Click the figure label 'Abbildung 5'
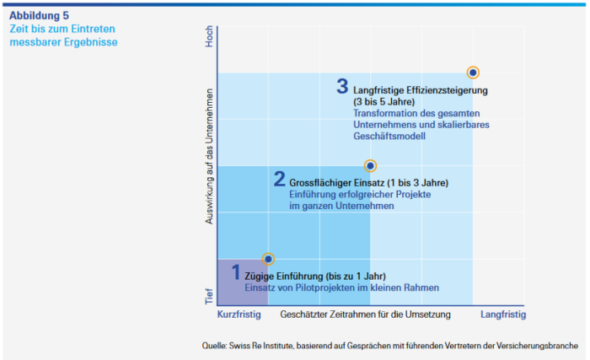coord(39,14)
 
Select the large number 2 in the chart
coord(280,179)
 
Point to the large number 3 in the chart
coord(342,86)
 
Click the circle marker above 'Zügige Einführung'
coord(269,259)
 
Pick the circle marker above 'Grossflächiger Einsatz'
coord(370,166)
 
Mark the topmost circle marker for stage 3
coord(473,73)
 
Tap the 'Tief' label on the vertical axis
coord(210,296)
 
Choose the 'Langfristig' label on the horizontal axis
coord(503,314)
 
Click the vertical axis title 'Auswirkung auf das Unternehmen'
coord(210,168)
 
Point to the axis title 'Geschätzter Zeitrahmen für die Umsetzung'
coord(365,314)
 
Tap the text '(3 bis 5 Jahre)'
coord(383,101)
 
